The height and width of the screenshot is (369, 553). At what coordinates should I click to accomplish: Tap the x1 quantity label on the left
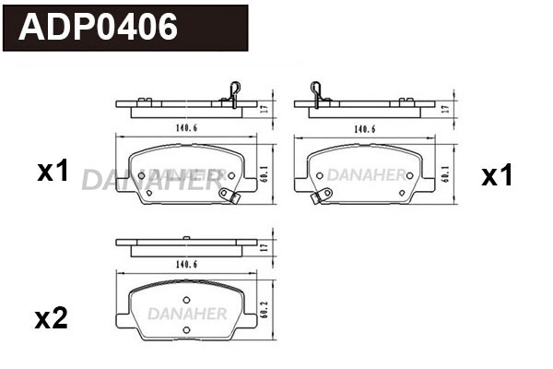point(53,171)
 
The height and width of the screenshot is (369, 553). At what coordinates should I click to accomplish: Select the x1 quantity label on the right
point(497,176)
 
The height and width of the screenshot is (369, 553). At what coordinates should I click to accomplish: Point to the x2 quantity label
point(51,319)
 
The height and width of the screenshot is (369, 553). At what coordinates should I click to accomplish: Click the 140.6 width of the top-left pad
point(185,129)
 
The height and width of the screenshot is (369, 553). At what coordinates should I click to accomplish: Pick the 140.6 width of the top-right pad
point(366,129)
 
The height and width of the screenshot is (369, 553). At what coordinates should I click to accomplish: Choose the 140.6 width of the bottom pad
point(185,264)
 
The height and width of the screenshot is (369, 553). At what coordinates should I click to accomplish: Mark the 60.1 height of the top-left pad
point(265,173)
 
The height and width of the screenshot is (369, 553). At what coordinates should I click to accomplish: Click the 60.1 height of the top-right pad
point(445,173)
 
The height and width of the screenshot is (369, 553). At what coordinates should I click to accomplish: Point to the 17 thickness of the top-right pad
point(445,109)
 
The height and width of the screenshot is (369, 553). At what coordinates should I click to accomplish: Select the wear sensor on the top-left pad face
point(229,195)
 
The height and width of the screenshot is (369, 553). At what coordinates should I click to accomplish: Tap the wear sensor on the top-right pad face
point(320,196)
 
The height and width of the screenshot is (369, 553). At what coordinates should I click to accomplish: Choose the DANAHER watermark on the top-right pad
point(367,173)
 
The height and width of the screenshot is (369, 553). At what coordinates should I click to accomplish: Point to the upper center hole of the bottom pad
point(185,299)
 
